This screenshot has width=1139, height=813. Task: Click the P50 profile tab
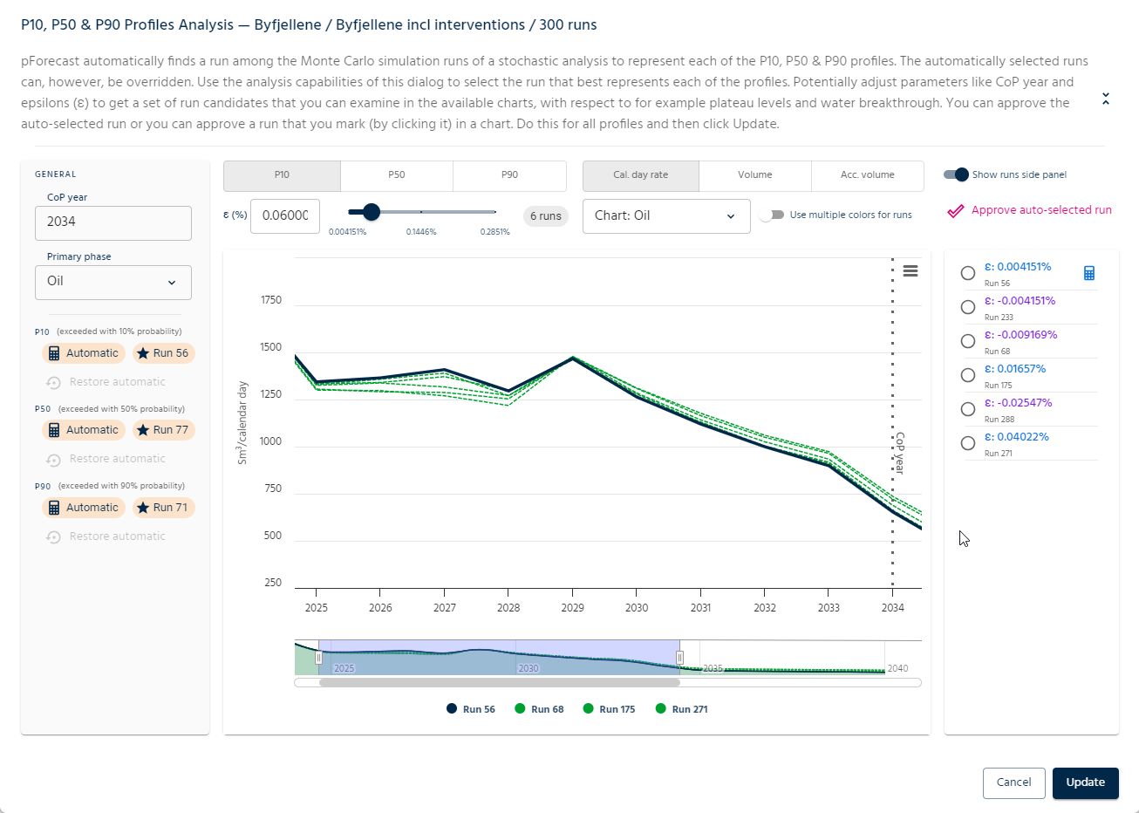397,175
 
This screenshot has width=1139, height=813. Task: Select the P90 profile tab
509,175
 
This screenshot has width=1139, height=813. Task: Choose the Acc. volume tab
867,175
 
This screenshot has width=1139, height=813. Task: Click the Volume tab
754,175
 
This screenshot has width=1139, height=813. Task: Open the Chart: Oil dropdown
665,216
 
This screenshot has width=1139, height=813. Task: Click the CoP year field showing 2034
113,222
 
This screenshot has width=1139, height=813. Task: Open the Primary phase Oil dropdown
113,282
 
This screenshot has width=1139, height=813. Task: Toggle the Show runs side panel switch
957,174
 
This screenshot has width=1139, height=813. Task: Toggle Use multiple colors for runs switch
772,215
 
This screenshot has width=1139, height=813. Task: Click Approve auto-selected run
1030,210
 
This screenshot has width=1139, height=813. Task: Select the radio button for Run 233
968,307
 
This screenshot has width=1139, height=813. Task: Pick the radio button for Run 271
968,443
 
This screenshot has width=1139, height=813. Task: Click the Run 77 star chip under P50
163,430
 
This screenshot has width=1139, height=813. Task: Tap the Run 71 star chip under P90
163,508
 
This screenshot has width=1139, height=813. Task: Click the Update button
1085,782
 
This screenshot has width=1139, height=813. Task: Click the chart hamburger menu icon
911,271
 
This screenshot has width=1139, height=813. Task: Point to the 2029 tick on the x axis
572,607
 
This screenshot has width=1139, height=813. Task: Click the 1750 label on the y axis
271,300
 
